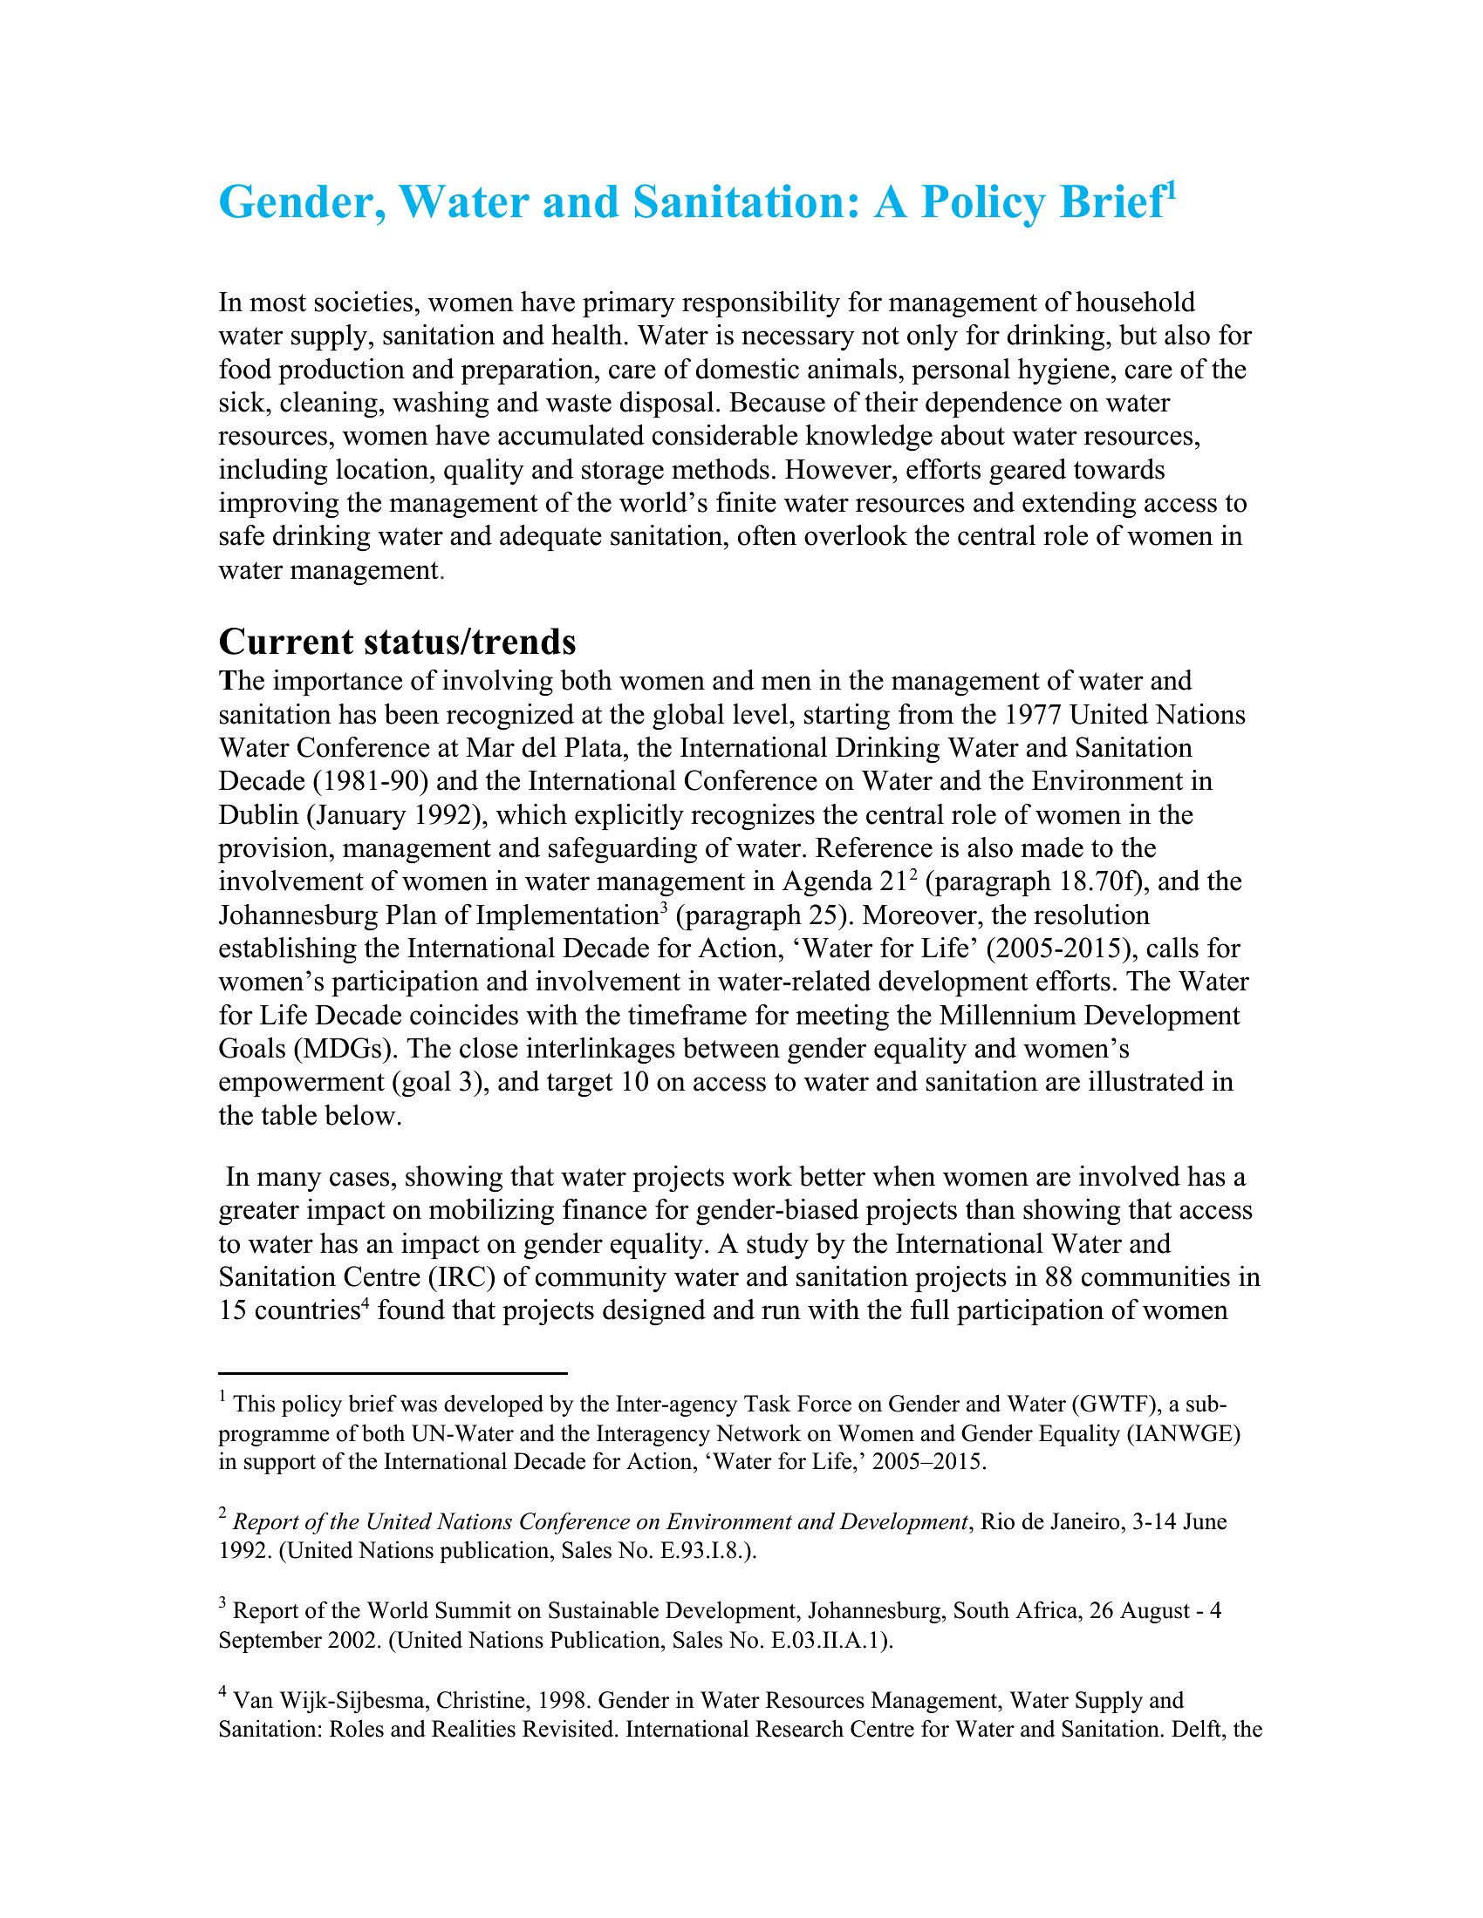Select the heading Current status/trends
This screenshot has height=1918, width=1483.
(397, 642)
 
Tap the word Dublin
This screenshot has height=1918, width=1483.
(258, 815)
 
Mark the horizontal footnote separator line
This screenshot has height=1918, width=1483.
(393, 1372)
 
